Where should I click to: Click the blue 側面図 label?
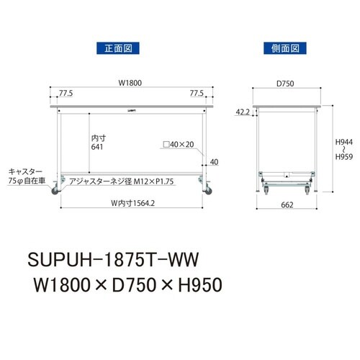pos(285,49)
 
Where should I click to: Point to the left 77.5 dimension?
pos(67,93)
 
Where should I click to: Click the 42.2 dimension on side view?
pos(243,112)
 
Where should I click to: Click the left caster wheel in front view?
pos(55,192)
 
